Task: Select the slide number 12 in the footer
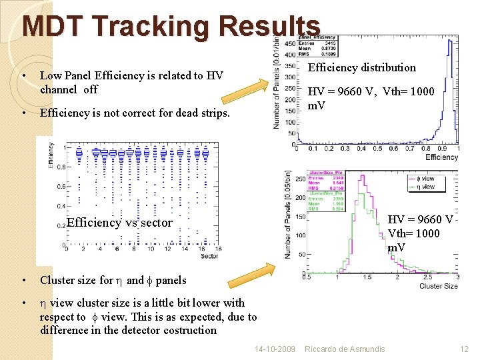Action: [x=465, y=349]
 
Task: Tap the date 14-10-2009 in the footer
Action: [x=275, y=349]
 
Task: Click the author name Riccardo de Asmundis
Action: [x=345, y=349]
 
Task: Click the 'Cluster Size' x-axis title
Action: [x=438, y=286]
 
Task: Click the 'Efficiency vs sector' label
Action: [x=119, y=223]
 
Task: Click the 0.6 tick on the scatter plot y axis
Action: [x=61, y=186]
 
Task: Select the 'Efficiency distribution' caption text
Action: [x=361, y=67]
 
